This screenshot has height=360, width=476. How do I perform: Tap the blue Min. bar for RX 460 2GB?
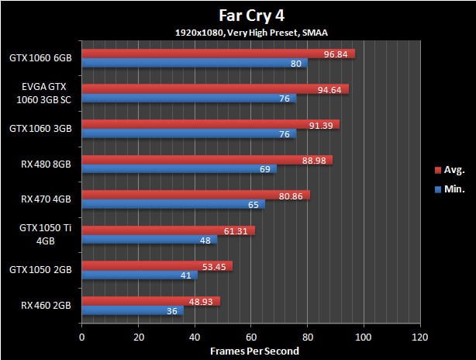coord(132,311)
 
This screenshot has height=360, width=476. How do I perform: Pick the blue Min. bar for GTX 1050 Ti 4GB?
coord(149,240)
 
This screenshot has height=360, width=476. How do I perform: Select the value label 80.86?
coord(295,196)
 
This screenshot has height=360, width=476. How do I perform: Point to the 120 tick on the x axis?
coord(419,337)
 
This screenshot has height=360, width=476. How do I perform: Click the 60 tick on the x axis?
coord(250,337)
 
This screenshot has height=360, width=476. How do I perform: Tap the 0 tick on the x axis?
coord(81,337)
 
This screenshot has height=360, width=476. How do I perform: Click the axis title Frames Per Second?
coord(250,351)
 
